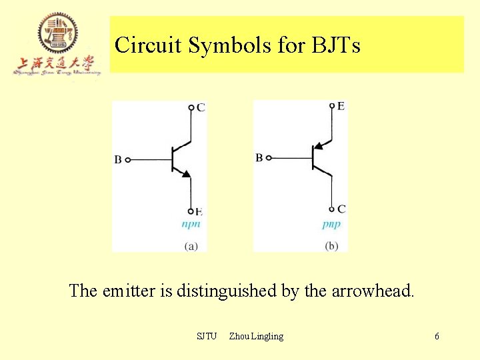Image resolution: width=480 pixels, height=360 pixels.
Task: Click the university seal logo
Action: [57, 33]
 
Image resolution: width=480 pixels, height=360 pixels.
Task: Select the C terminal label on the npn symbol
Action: [201, 107]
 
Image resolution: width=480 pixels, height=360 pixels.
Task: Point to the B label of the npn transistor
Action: [117, 160]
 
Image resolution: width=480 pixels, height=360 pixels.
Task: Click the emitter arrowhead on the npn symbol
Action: [186, 174]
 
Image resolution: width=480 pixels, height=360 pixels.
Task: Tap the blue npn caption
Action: [191, 224]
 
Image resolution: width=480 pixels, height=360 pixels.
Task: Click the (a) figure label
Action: [191, 246]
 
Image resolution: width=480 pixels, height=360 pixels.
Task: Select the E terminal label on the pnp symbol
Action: [341, 106]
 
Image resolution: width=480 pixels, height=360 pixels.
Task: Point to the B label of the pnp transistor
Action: [259, 158]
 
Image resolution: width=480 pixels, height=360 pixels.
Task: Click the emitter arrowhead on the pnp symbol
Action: [319, 145]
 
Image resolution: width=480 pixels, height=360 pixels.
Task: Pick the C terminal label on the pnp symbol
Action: [341, 209]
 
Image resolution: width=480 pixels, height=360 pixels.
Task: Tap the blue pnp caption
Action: [331, 224]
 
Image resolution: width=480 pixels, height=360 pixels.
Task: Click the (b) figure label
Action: [331, 246]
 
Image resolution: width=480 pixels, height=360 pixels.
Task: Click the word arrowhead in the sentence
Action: [371, 291]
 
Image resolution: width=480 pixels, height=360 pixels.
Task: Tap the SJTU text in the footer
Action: [207, 336]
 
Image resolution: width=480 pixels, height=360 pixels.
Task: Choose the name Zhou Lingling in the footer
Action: [256, 336]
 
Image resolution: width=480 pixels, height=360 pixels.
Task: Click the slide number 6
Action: [437, 336]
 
